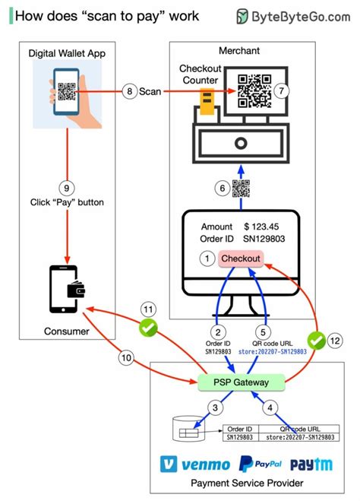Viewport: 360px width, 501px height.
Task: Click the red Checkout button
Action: click(x=240, y=258)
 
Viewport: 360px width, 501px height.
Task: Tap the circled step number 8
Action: click(x=129, y=91)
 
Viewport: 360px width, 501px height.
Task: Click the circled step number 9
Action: click(x=67, y=187)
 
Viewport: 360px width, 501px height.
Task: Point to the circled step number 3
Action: click(x=216, y=409)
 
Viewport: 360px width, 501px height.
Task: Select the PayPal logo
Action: click(x=261, y=465)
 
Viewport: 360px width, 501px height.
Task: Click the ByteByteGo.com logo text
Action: click(x=303, y=16)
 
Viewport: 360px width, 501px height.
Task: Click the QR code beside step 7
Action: click(x=255, y=91)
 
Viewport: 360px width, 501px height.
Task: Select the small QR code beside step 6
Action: click(x=241, y=189)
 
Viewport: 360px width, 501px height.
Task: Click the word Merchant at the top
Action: click(x=239, y=50)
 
